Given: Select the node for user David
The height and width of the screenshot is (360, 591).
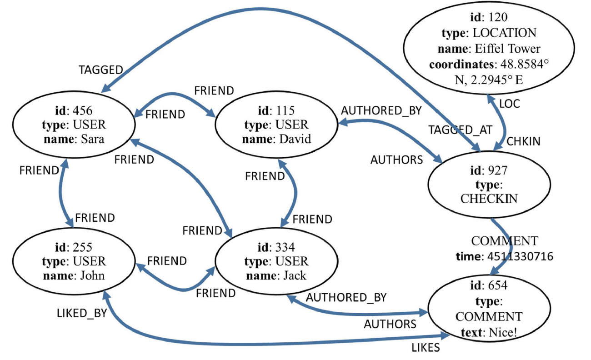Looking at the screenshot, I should (x=277, y=125).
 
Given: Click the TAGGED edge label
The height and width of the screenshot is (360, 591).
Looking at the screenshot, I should (x=101, y=70).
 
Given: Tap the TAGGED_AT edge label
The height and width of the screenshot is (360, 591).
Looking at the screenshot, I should (x=460, y=130).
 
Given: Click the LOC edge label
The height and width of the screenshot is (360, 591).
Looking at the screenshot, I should (x=509, y=104).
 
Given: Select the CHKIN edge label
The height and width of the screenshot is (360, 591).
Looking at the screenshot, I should (x=523, y=141).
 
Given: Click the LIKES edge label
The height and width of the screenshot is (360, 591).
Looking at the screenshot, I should (x=426, y=348).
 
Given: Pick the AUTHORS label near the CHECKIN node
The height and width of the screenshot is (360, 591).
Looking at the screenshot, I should (x=396, y=160).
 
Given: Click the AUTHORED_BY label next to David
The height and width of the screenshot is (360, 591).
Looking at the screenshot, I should (x=381, y=111).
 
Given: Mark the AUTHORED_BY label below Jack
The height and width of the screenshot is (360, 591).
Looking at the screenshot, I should (x=346, y=298).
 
